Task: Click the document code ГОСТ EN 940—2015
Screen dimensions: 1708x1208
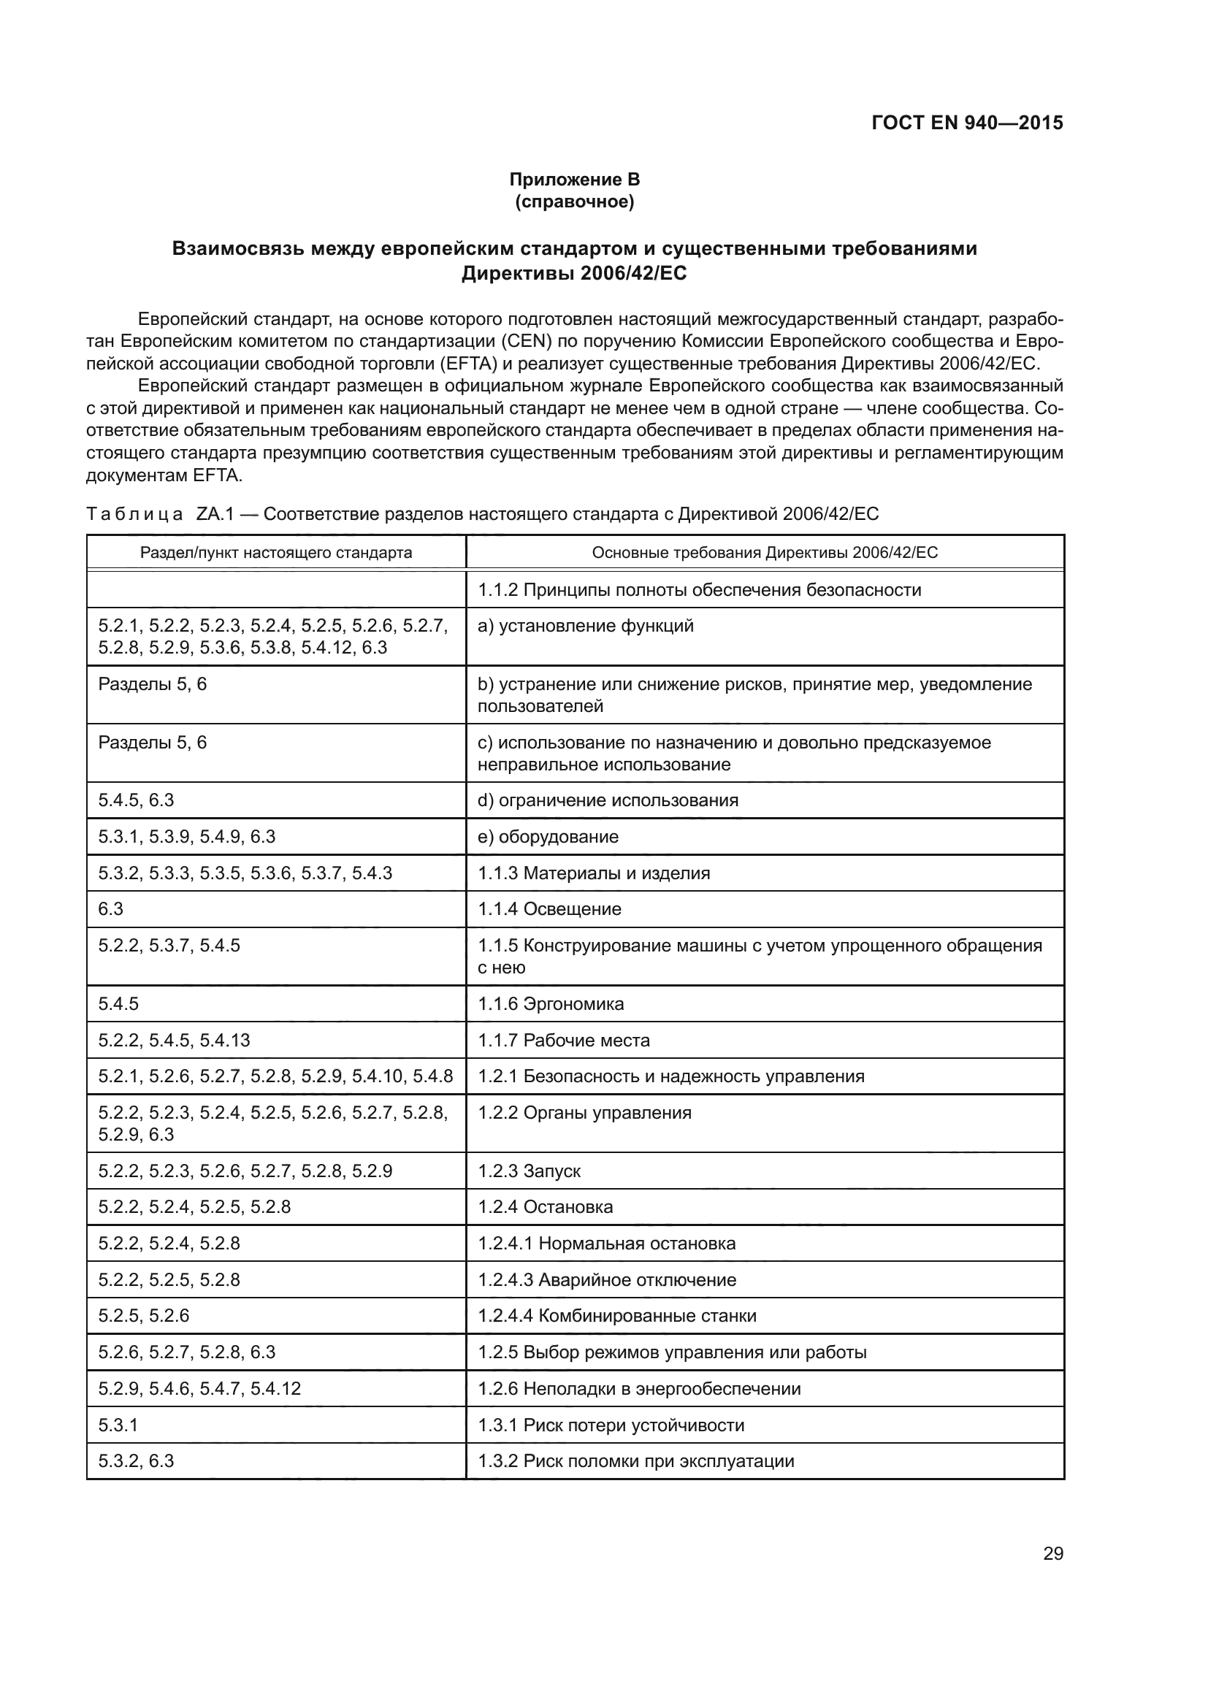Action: click(x=966, y=123)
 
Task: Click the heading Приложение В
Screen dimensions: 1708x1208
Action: click(x=574, y=180)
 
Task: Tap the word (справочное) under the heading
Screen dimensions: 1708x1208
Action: click(x=574, y=202)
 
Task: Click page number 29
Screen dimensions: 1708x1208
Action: click(x=1052, y=1554)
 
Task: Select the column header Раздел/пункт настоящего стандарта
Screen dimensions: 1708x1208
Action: click(x=276, y=553)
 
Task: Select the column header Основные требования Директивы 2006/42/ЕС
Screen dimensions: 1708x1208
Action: click(x=765, y=553)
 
